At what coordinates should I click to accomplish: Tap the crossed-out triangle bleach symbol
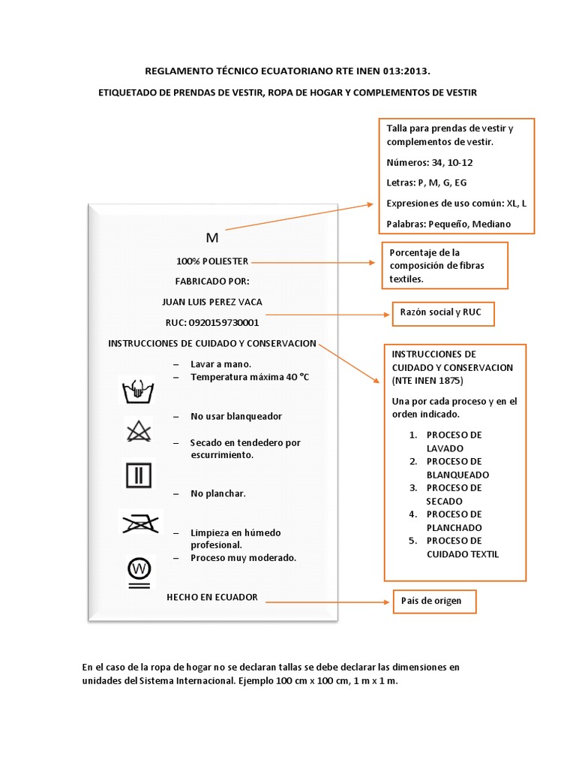[137, 431]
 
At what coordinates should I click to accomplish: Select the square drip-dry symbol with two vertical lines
[137, 475]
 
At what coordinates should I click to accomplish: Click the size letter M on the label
[211, 238]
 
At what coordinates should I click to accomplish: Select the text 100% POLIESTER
[212, 261]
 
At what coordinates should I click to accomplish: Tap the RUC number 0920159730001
[212, 323]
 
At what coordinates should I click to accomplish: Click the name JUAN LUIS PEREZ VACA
[212, 302]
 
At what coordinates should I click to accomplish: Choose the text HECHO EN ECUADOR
[212, 597]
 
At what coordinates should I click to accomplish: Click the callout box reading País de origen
[433, 601]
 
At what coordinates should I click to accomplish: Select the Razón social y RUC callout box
[443, 314]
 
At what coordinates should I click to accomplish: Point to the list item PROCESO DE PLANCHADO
[454, 521]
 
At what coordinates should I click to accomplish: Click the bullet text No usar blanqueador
[236, 416]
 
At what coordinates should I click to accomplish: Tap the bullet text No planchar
[218, 493]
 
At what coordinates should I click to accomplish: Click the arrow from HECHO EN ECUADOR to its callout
[330, 602]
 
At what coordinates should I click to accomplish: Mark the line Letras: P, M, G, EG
[427, 182]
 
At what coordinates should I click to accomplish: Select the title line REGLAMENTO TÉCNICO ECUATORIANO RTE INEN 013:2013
[288, 71]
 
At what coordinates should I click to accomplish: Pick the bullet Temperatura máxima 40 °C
[249, 377]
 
